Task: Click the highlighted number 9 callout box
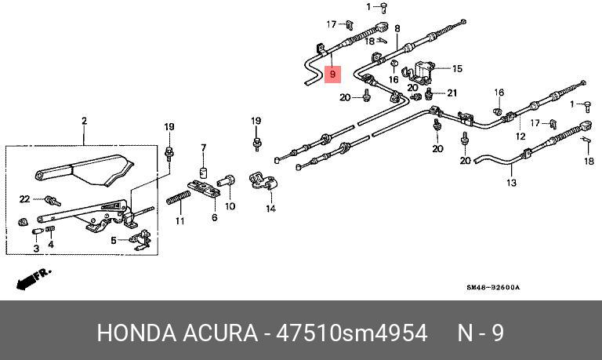tap(333, 75)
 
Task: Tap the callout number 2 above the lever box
tap(84, 121)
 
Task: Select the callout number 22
tap(24, 198)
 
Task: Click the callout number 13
tap(511, 184)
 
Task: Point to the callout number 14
tap(270, 209)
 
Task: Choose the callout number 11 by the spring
tap(180, 221)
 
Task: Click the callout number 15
tap(457, 68)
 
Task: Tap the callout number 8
tap(397, 28)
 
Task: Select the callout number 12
tap(520, 136)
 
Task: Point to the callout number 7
tap(202, 147)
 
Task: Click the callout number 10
tap(230, 207)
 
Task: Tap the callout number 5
tap(114, 241)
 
